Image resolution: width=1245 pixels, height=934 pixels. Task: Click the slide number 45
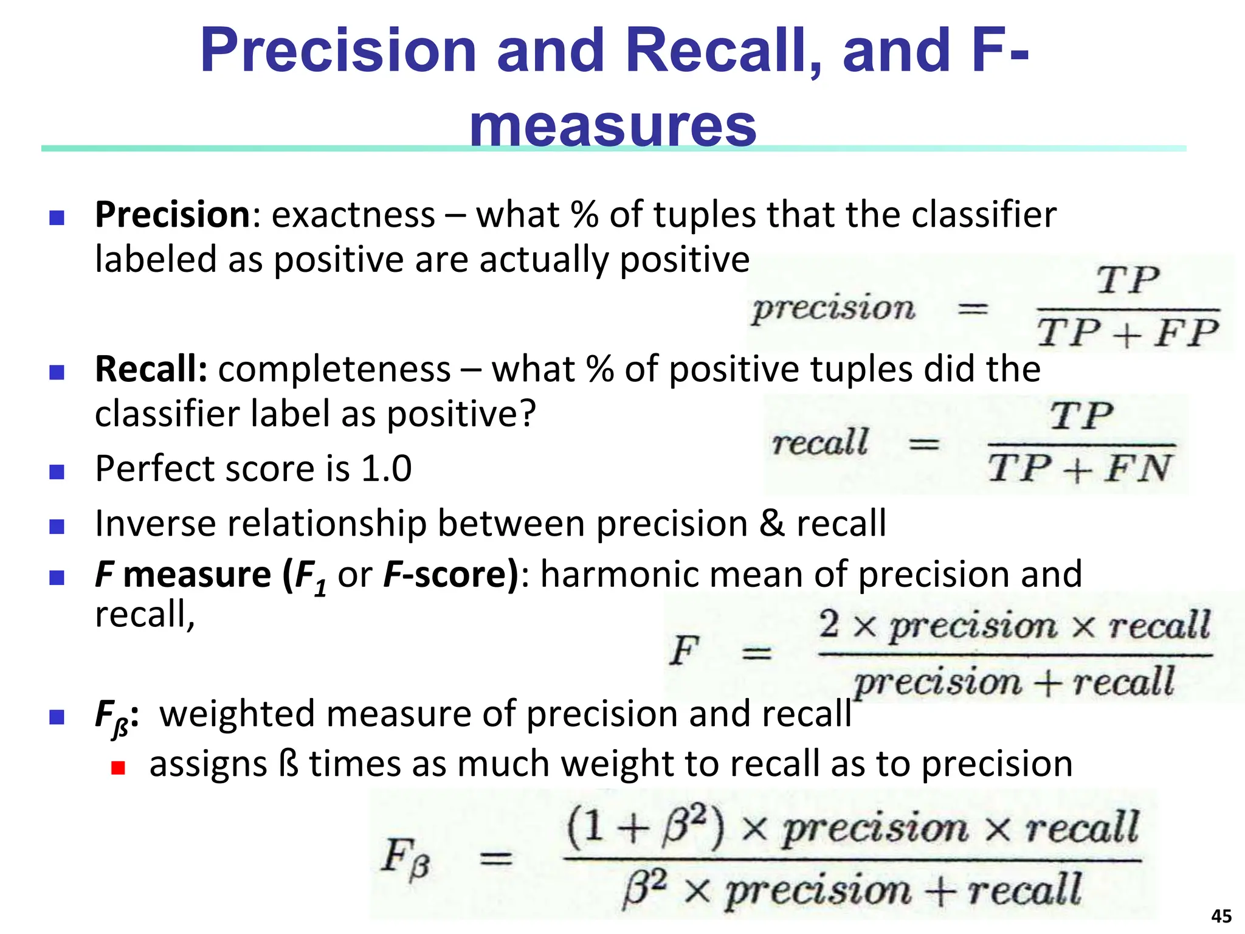[x=1221, y=916]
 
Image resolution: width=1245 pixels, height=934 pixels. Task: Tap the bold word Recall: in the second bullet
[x=151, y=369]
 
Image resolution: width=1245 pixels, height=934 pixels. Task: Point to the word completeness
[x=334, y=369]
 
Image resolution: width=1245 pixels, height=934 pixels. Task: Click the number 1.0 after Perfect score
[x=387, y=469]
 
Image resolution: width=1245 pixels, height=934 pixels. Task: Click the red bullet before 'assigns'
[x=118, y=768]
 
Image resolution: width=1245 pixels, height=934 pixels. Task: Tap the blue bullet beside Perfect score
[x=57, y=472]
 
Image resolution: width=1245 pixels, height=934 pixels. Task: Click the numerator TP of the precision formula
[x=1128, y=281]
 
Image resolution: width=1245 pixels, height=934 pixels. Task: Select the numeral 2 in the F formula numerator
[x=829, y=624]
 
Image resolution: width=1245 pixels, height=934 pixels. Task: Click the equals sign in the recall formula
[x=923, y=445]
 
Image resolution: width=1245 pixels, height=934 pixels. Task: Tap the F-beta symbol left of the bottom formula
[x=405, y=857]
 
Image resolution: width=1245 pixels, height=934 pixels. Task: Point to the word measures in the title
[x=613, y=126]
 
